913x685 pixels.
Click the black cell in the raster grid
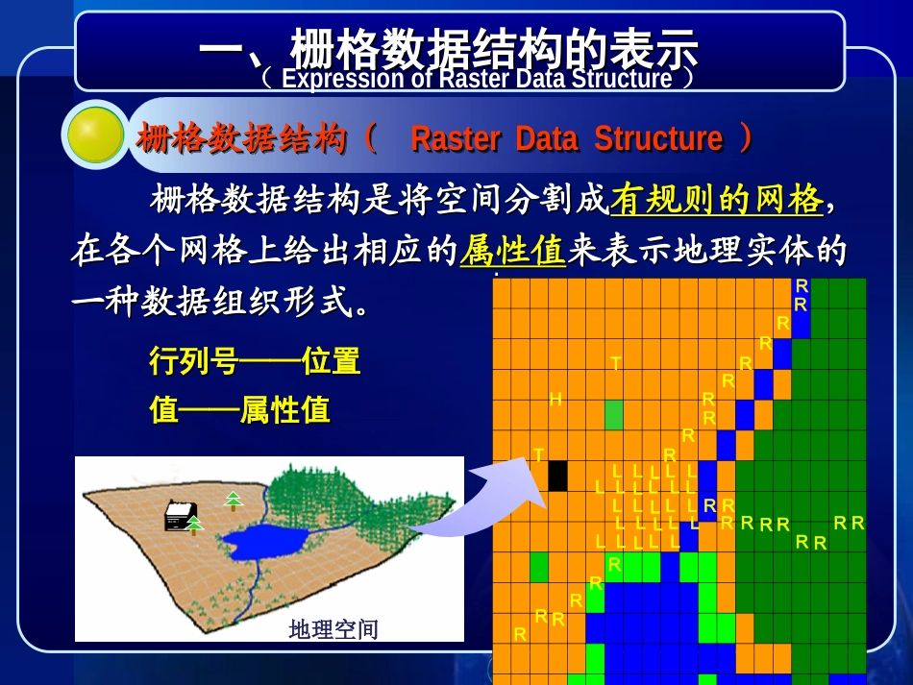click(557, 476)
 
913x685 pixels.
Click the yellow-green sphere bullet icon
click(95, 135)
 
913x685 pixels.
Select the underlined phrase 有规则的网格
click(717, 199)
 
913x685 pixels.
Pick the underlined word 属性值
click(512, 252)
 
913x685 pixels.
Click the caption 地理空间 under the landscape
click(333, 629)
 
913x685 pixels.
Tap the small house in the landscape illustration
click(180, 516)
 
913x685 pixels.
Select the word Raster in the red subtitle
click(455, 139)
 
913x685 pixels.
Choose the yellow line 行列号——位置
click(255, 361)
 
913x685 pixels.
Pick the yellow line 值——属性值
click(240, 410)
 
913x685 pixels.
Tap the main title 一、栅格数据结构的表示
click(448, 47)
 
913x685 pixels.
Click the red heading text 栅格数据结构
click(241, 139)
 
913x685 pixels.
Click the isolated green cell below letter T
click(614, 415)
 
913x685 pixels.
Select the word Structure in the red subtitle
click(658, 139)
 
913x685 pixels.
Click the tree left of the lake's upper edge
click(233, 499)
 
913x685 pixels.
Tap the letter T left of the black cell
click(538, 454)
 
